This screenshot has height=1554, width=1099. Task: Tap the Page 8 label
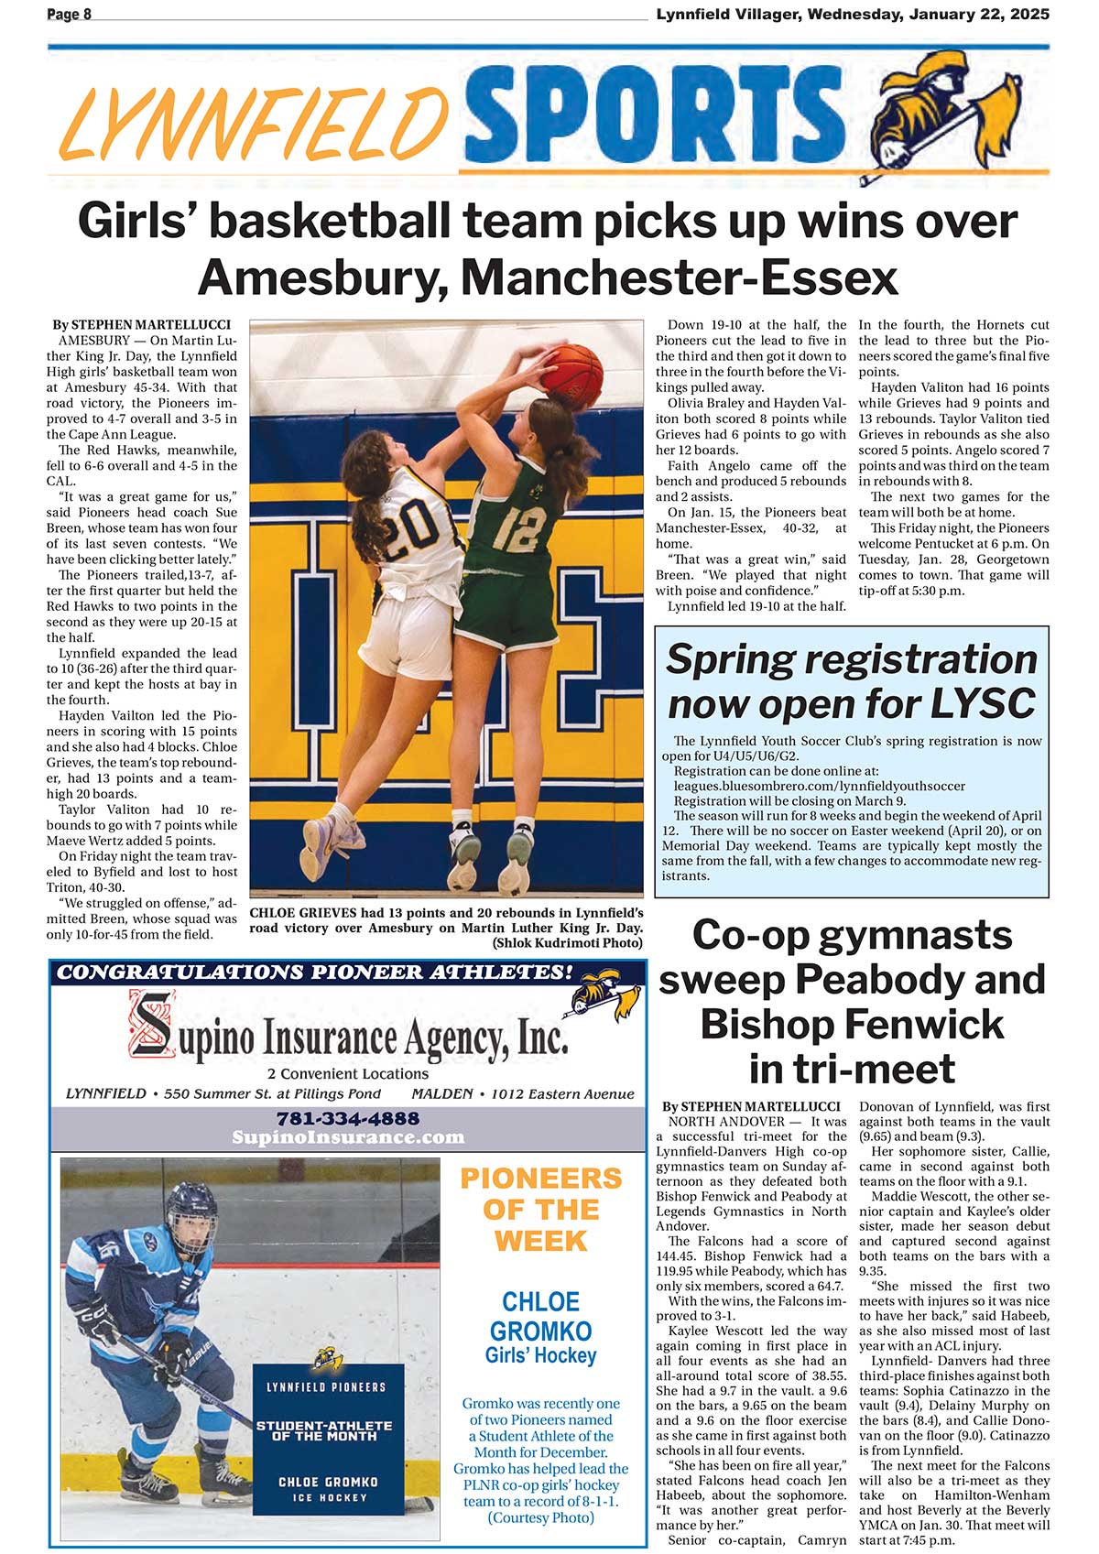point(69,14)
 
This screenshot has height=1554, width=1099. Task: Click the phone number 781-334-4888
point(348,1118)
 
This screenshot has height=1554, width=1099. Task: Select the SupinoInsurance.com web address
point(348,1137)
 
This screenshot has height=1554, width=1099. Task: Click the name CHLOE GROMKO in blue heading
point(540,1316)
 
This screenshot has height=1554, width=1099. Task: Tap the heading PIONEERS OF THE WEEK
point(540,1209)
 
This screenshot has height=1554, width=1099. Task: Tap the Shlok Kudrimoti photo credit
point(568,942)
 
